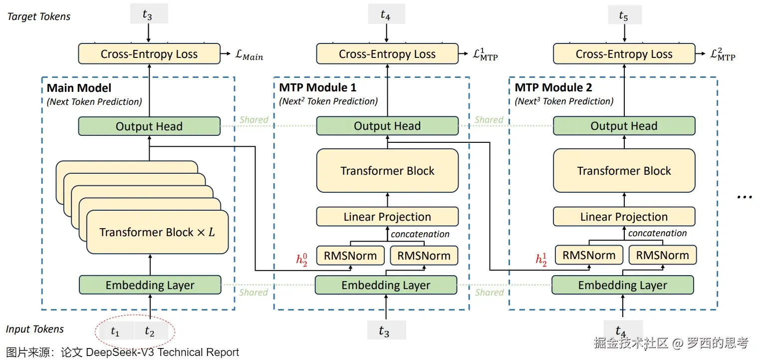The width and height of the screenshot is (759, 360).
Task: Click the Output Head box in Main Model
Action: [x=149, y=126]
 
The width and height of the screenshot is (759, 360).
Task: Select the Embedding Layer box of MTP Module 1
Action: [x=386, y=285]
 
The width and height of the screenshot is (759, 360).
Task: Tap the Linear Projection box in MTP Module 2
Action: [x=624, y=217]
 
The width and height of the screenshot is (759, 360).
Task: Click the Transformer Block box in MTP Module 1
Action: [x=387, y=171]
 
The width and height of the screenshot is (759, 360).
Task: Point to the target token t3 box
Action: [x=147, y=15]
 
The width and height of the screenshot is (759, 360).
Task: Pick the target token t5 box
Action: [x=623, y=15]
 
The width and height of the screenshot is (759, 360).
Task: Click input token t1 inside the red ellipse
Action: [x=115, y=331]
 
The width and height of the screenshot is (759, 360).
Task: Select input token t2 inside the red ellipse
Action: [x=150, y=331]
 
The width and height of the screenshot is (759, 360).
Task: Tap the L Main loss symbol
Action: [x=249, y=55]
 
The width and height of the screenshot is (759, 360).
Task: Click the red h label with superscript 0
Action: [x=301, y=259]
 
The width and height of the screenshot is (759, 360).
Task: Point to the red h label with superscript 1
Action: [x=541, y=259]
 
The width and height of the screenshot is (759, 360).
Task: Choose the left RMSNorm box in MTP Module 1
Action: [x=351, y=256]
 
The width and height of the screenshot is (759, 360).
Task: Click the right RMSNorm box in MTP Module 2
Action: [x=662, y=255]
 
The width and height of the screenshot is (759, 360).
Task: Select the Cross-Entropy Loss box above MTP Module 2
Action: [x=624, y=54]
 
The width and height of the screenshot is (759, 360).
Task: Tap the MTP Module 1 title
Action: [x=317, y=88]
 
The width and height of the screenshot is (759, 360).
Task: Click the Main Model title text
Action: [x=79, y=88]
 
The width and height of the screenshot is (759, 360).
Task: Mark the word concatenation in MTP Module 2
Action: [x=657, y=233]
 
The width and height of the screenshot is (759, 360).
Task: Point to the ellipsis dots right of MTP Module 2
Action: [x=744, y=196]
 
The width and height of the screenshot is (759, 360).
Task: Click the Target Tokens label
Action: [x=39, y=16]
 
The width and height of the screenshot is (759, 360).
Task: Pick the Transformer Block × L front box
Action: [x=157, y=232]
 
